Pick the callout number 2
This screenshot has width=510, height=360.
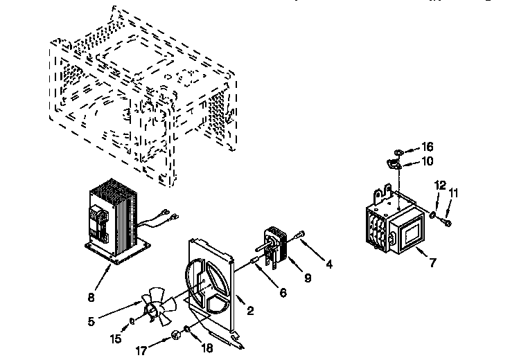[x=250, y=311]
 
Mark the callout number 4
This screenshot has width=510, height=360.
[x=330, y=264]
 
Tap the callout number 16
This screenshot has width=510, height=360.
[x=427, y=147]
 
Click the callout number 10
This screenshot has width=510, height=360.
[x=428, y=161]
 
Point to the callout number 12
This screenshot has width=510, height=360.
[x=440, y=185]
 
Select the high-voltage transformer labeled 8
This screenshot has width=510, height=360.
[x=116, y=222]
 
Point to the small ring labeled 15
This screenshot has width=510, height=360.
[x=132, y=321]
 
